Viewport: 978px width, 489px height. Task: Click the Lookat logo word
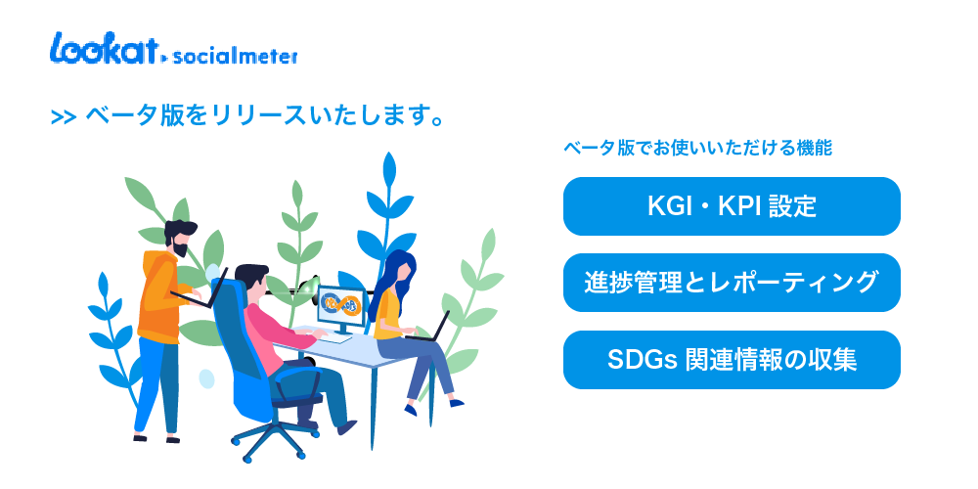pos(103,49)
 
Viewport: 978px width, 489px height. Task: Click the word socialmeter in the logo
pos(235,57)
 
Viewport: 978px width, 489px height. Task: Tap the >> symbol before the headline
pos(63,117)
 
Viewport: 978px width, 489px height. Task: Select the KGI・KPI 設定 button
pos(732,206)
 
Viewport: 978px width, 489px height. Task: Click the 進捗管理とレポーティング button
pos(732,283)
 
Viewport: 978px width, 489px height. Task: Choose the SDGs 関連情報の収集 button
pos(732,360)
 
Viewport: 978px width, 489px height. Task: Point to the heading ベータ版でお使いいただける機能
pos(698,149)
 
